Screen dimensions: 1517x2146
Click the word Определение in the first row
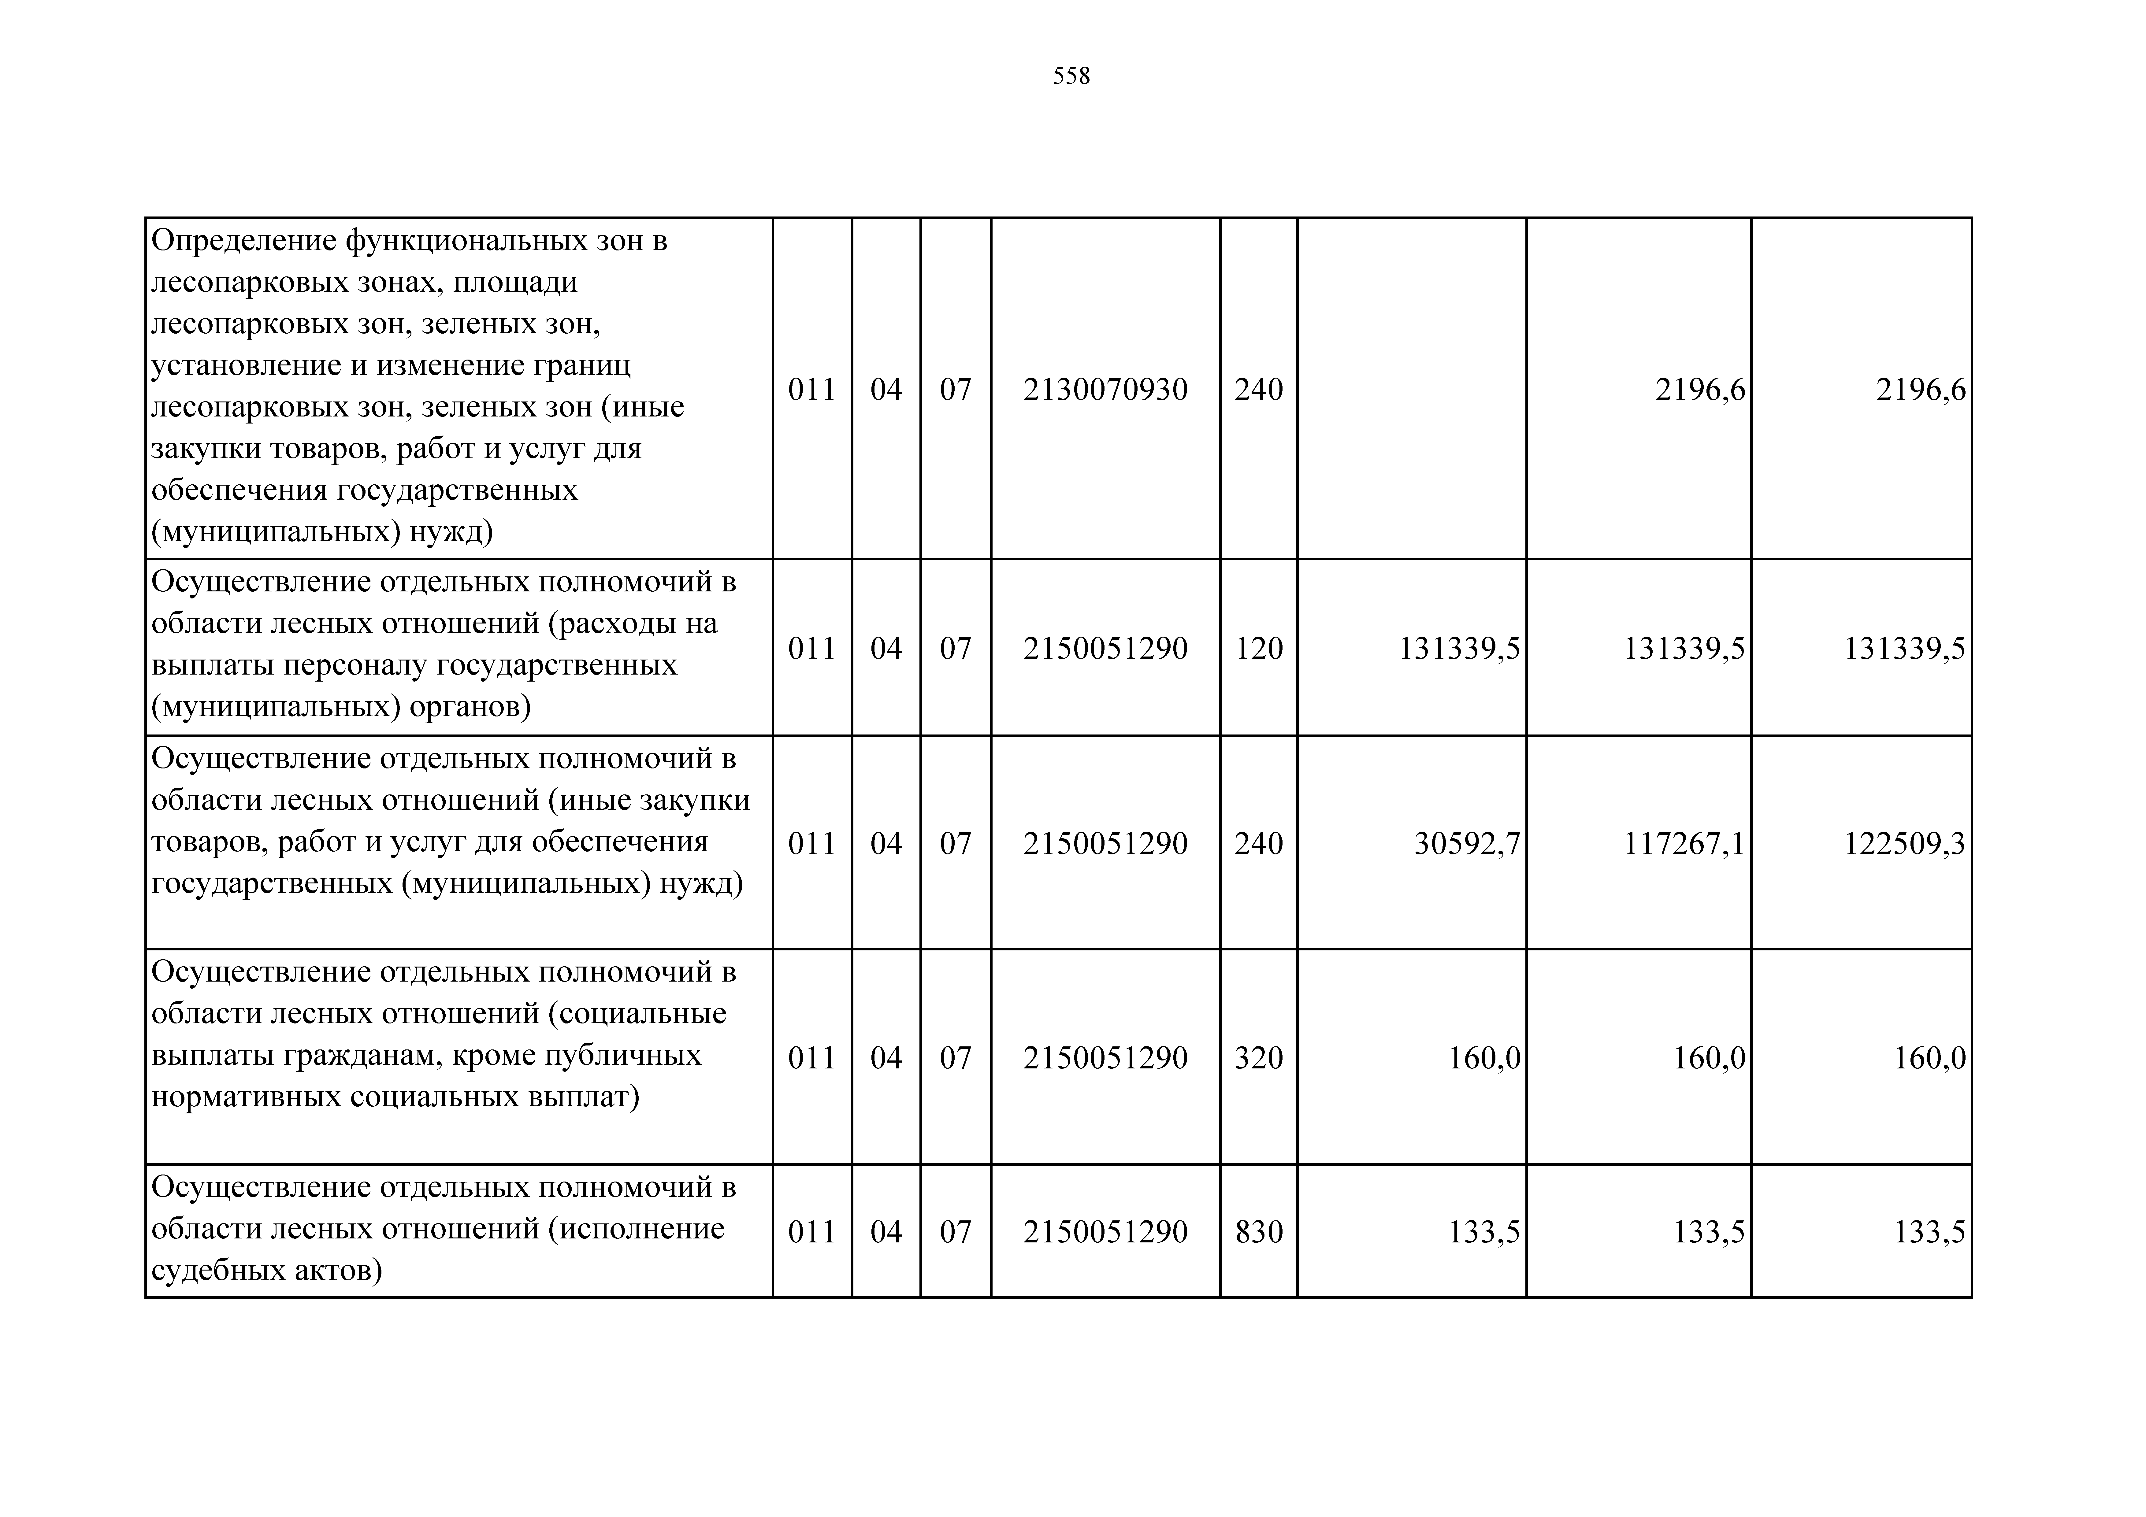tap(243, 241)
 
